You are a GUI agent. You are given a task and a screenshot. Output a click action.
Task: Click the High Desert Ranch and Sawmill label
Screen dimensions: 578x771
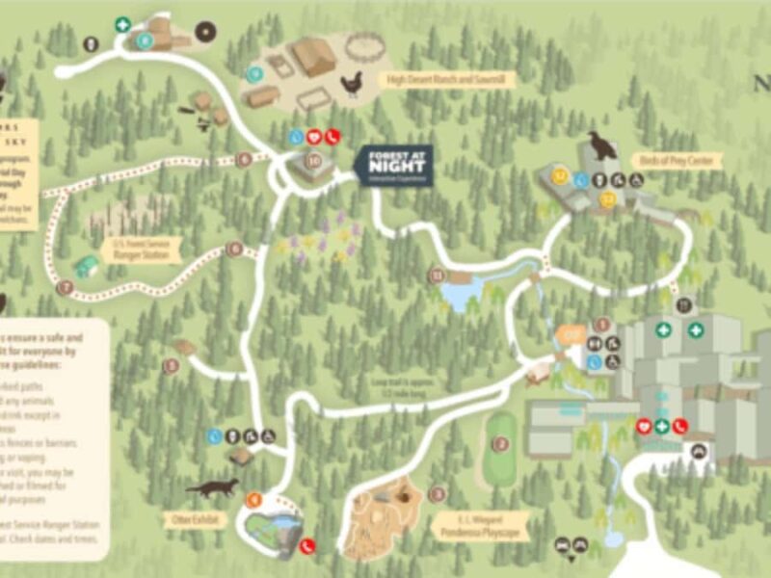coord(448,79)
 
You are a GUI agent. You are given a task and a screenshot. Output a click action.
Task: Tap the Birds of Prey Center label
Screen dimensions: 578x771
coord(675,160)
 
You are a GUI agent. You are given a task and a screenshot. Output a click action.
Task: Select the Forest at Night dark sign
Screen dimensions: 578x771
coord(393,165)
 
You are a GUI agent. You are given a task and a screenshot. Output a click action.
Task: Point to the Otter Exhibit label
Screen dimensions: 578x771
coord(196,519)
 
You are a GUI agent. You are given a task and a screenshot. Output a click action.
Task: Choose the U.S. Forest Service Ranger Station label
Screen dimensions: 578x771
coord(143,249)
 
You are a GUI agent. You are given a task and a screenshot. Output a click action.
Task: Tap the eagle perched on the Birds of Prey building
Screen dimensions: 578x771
coord(602,146)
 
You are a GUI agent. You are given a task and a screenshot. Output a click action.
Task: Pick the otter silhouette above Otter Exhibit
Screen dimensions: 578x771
coord(211,488)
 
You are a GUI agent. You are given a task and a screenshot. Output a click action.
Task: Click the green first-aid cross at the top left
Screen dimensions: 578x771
coord(122,25)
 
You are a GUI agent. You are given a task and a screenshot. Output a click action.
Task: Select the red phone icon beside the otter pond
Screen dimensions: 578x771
coord(307,545)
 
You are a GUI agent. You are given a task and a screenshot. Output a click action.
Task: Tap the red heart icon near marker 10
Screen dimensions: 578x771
coord(313,137)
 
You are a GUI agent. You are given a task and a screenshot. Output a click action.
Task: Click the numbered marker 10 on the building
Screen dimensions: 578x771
coord(313,161)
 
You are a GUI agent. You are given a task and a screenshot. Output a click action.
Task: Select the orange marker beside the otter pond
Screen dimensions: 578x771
coord(253,499)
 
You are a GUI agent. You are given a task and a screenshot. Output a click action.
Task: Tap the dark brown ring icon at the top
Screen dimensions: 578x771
coord(204,31)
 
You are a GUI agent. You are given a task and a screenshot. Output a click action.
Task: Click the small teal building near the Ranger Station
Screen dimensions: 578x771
coord(87,266)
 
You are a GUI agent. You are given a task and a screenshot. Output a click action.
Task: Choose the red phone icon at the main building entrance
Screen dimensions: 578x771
coord(680,426)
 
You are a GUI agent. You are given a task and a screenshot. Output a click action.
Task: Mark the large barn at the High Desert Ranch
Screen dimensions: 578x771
coord(312,57)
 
